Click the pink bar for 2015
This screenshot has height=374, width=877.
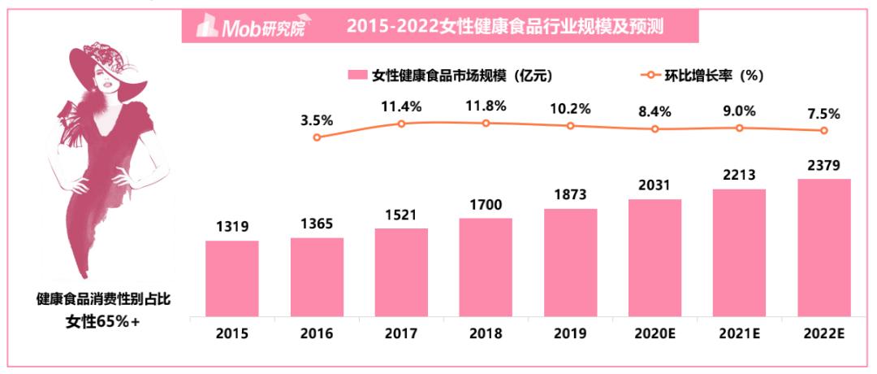[231, 277]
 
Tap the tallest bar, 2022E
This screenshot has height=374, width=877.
[823, 247]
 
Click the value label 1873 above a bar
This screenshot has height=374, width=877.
[570, 195]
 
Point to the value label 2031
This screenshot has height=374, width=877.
[655, 185]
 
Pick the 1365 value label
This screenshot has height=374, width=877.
[316, 224]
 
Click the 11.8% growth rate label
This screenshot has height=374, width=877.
[486, 106]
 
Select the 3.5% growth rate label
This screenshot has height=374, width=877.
[317, 120]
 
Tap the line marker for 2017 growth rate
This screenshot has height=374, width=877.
[401, 124]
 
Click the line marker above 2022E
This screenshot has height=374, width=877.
[823, 130]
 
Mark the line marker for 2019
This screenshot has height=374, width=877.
[570, 126]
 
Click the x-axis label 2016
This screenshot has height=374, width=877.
[316, 333]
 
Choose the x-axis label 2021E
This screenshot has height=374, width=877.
[739, 333]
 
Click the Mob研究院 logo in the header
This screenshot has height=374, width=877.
[255, 27]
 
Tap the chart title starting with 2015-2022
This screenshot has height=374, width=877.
[505, 26]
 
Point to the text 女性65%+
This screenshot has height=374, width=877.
[103, 321]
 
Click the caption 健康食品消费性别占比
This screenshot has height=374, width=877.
[103, 299]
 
